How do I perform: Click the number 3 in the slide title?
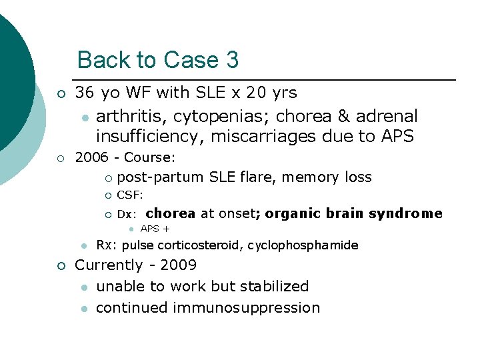[x=232, y=60]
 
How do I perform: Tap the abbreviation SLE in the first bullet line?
[x=213, y=92]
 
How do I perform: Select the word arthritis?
[x=131, y=116]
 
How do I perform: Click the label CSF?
[x=130, y=195]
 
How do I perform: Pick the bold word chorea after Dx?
[x=170, y=213]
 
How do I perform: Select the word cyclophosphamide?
[x=305, y=245]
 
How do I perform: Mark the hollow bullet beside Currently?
[x=61, y=266]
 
